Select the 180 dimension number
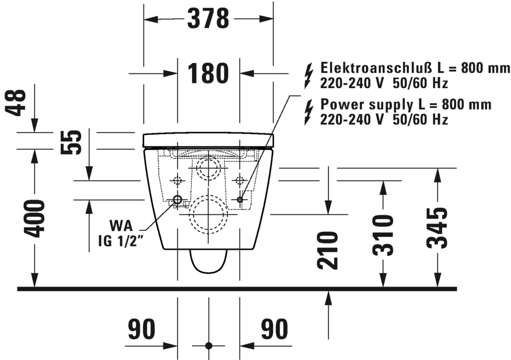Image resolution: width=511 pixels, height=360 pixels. [x=208, y=74]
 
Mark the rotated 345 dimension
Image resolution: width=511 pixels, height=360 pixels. [x=438, y=227]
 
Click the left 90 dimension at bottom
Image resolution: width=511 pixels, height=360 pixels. [x=142, y=330]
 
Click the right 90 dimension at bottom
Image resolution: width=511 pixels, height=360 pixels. [x=274, y=330]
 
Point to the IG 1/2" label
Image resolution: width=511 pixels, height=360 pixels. [x=121, y=239]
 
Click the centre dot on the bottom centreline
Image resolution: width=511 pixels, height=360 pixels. [x=208, y=345]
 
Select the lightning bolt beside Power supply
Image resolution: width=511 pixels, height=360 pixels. [x=309, y=112]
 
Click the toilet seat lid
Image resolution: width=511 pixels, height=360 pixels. [x=208, y=139]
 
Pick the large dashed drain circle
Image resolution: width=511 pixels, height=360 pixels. [x=208, y=213]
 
